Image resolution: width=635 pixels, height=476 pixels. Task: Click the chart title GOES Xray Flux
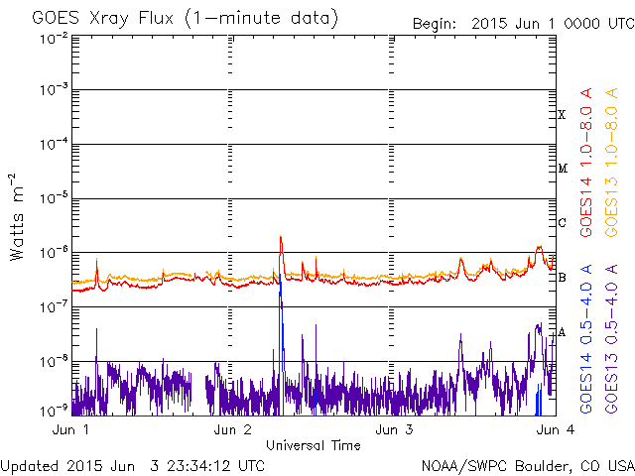[x=102, y=19]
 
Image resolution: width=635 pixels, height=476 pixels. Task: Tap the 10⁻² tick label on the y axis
[x=54, y=40]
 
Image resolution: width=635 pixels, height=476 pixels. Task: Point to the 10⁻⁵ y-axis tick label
[x=54, y=198]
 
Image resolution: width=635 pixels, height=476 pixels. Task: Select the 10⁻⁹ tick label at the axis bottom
[x=54, y=412]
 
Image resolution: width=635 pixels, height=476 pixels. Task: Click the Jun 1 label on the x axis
[x=70, y=429]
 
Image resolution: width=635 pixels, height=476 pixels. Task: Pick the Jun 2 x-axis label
[x=232, y=429]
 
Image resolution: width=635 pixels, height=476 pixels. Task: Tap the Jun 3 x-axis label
[x=394, y=429]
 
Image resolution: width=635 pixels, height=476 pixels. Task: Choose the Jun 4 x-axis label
[x=556, y=429]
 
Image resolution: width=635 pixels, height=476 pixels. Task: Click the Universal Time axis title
[x=314, y=445]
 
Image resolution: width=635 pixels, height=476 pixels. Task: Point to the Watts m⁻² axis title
[x=17, y=217]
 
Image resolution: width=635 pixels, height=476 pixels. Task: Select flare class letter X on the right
[x=562, y=115]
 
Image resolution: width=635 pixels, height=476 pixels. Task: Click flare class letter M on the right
[x=563, y=169]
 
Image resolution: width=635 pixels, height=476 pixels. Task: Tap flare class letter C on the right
[x=562, y=222]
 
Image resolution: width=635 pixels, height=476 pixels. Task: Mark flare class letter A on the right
[x=562, y=333]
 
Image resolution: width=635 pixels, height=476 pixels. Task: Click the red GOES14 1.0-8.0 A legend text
[x=586, y=163]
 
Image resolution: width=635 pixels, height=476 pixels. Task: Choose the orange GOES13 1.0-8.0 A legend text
[x=611, y=163]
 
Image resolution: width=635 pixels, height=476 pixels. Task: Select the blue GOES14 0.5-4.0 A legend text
[x=586, y=339]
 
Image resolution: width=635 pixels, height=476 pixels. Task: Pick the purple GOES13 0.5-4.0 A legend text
[x=611, y=339]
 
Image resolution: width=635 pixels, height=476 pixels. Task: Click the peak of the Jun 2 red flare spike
[x=281, y=236]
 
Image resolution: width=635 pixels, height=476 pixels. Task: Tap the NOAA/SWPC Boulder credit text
[x=528, y=466]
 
